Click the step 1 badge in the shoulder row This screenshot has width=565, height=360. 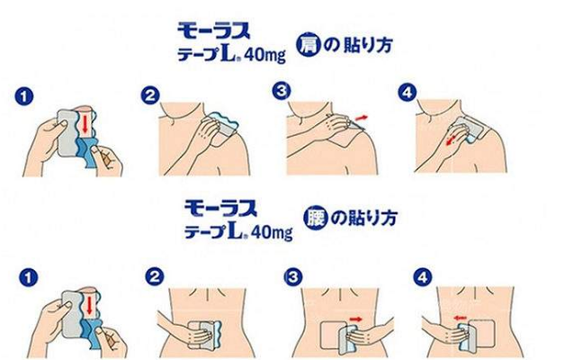point(24,97)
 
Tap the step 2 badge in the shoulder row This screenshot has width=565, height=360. point(150,95)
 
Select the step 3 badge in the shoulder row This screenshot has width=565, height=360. point(282,91)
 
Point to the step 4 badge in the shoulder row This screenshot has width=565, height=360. point(408,93)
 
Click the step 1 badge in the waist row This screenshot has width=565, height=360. point(29,277)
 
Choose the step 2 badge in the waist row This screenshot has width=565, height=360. point(155,277)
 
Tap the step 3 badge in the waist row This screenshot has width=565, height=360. point(293,277)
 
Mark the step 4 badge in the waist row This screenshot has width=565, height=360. point(423,277)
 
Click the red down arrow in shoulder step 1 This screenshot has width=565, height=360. point(85,123)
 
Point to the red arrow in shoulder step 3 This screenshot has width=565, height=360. point(362,118)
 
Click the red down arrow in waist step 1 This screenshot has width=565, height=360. point(89,304)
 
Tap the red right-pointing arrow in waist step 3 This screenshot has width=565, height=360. point(356,319)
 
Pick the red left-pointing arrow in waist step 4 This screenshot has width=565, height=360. point(460,318)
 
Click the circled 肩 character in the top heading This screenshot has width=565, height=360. point(308,45)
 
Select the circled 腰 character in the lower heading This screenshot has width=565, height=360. point(315,218)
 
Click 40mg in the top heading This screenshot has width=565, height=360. point(265,55)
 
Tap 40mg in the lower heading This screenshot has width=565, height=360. point(272,231)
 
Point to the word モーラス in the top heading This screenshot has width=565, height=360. point(214,31)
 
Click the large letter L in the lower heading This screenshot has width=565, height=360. point(237,229)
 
